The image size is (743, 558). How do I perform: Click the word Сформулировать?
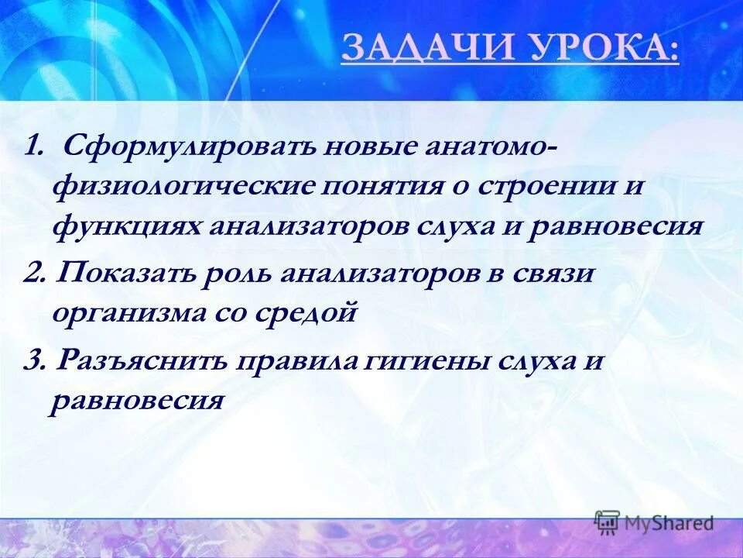(x=160, y=145)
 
